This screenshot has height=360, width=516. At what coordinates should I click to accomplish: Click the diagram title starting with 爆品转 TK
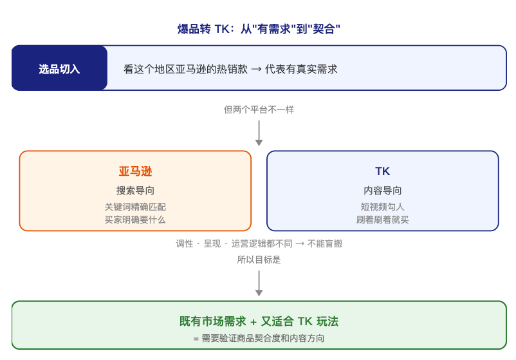[259, 29]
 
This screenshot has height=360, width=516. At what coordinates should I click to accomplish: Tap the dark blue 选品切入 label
[59, 69]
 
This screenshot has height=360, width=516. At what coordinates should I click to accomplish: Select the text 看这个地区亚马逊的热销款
[185, 69]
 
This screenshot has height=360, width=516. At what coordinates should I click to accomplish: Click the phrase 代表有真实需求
[301, 69]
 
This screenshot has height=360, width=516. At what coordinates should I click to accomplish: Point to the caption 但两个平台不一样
[259, 109]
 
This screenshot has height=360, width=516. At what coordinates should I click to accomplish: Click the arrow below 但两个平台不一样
[259, 133]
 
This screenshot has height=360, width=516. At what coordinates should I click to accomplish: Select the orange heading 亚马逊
[135, 171]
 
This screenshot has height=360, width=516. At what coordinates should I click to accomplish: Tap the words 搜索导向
[135, 191]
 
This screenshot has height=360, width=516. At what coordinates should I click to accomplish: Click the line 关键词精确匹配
[135, 207]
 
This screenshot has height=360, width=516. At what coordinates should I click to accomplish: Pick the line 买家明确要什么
[135, 220]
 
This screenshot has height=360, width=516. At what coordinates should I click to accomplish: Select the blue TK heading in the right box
[382, 171]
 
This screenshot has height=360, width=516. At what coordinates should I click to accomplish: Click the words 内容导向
[382, 191]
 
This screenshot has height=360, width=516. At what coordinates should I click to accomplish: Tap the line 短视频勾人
[382, 207]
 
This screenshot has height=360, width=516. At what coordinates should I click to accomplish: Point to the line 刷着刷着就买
[382, 220]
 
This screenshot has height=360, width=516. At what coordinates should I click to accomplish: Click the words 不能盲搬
[325, 243]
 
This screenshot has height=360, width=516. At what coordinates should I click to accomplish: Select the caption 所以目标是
[259, 260]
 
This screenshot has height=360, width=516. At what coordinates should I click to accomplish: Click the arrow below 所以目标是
[259, 283]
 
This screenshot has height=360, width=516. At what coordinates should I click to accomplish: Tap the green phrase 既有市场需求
[212, 321]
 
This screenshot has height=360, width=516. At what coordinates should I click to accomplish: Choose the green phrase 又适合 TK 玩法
[299, 321]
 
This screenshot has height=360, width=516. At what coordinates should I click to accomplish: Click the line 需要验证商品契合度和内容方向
[263, 338]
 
